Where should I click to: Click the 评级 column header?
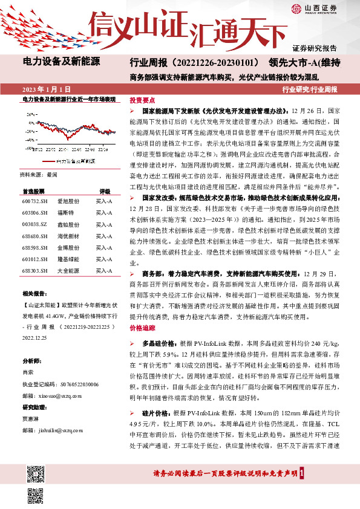click(x=104, y=190)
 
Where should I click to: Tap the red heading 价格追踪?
click(x=142, y=327)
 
